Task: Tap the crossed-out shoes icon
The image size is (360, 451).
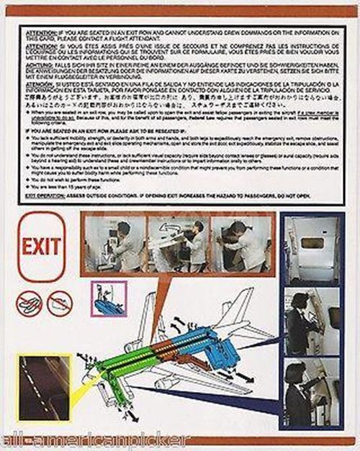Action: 28,303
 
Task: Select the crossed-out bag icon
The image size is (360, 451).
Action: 59,303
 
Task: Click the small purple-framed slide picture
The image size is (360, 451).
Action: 107,298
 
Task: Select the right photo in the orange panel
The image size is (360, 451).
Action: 242,243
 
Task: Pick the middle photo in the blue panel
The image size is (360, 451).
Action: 312,322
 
